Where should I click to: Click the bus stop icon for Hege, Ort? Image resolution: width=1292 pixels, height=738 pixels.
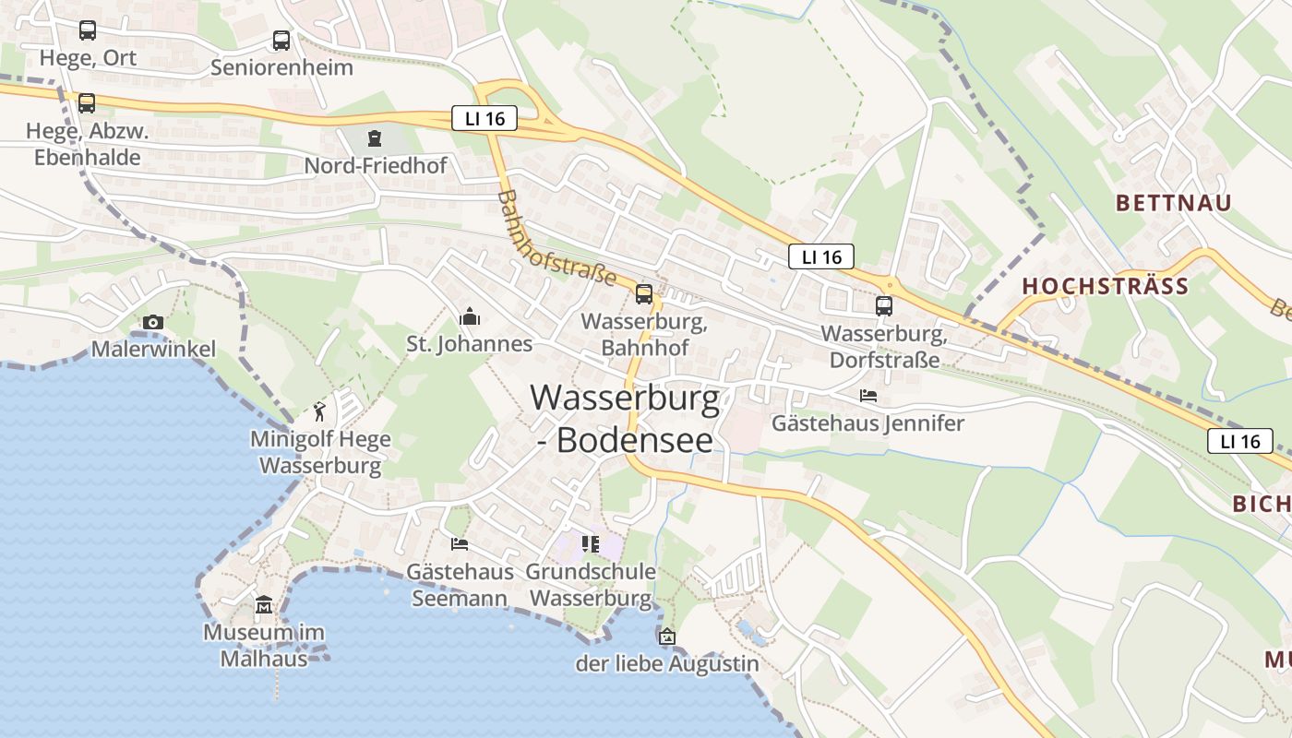[87, 30]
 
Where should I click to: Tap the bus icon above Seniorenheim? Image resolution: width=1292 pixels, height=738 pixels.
[281, 41]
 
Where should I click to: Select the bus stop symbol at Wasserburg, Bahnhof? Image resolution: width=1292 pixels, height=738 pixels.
[644, 294]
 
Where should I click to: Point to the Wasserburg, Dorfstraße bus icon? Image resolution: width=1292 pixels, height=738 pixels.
[884, 305]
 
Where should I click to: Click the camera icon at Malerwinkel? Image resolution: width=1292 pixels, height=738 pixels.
[153, 322]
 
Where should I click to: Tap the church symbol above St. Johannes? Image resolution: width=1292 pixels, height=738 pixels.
[470, 316]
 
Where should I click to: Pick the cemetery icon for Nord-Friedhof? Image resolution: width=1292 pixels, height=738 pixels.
[374, 138]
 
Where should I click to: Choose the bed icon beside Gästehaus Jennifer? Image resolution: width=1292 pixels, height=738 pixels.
[868, 396]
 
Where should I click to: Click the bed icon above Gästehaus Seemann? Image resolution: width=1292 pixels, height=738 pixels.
[460, 543]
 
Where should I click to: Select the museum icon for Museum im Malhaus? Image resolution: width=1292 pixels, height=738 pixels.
[264, 605]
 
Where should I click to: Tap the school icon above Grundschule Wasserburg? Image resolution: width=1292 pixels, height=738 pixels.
[591, 543]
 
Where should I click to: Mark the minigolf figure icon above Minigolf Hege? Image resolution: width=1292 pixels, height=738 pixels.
[319, 411]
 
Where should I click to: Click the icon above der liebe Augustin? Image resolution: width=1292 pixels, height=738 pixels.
[666, 636]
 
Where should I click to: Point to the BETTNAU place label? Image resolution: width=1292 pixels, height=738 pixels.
[1173, 203]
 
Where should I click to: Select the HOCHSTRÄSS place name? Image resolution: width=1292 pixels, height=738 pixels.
[1105, 286]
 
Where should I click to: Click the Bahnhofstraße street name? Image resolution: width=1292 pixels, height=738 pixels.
[556, 238]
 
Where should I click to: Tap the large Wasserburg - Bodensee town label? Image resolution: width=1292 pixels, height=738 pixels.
[625, 418]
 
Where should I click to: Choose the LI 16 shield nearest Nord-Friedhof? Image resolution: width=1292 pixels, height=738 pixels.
[484, 118]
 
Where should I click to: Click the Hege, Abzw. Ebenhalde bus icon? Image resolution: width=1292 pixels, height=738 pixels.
[87, 103]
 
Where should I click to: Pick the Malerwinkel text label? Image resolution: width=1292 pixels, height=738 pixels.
[153, 349]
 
